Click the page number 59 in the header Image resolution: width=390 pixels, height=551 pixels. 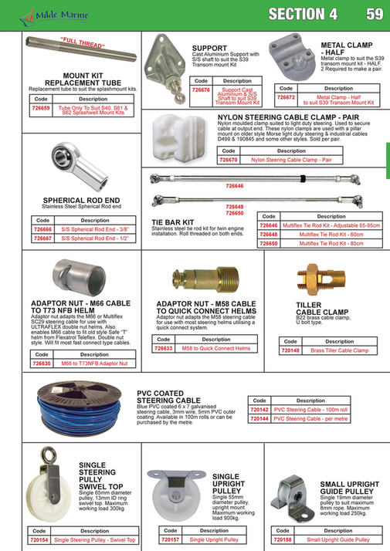374,13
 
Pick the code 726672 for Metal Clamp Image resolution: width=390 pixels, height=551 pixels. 286,98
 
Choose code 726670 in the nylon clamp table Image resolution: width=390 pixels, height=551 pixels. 229,160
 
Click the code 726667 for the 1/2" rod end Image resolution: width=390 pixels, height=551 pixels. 42,238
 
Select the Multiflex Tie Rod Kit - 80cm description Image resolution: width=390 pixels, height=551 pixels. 326,243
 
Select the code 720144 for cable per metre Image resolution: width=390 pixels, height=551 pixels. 260,420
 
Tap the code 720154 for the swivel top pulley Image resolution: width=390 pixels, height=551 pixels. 38,540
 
